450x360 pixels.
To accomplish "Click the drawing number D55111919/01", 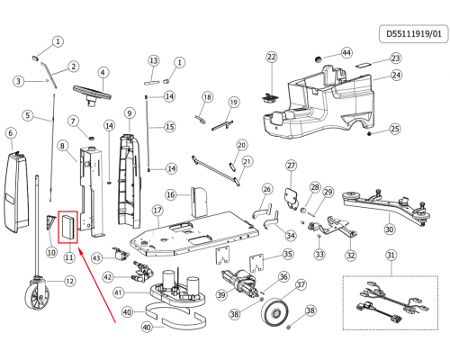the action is click(414, 33).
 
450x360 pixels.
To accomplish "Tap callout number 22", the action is click(272, 57).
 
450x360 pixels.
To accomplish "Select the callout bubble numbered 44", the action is click(346, 53).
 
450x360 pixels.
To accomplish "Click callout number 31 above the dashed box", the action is click(391, 255).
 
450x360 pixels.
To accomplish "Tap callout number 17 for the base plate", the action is click(157, 211).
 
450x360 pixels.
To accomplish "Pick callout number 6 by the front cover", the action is click(11, 133).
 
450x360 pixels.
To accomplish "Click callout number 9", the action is click(130, 113).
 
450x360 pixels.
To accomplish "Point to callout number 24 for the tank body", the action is click(397, 75).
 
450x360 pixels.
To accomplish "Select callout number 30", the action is click(389, 229).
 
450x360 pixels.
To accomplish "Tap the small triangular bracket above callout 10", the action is click(50, 223).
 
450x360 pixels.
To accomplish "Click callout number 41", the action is click(119, 292).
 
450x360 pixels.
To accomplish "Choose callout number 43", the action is click(96, 258).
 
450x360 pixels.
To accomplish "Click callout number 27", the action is click(292, 166).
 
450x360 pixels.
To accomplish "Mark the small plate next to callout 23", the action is click(364, 64).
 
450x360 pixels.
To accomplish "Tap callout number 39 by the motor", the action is click(221, 295).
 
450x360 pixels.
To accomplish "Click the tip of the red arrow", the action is click(78, 247).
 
